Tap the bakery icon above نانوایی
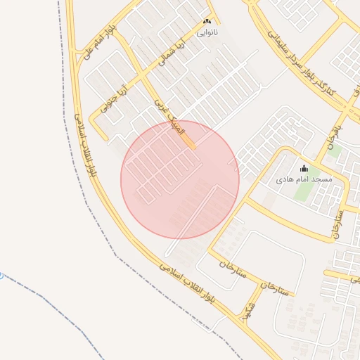click(x=206, y=22)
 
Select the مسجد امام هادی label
click(x=303, y=180)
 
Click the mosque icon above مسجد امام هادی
click(x=304, y=169)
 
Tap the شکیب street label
click(x=248, y=313)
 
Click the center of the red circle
click(x=180, y=179)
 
